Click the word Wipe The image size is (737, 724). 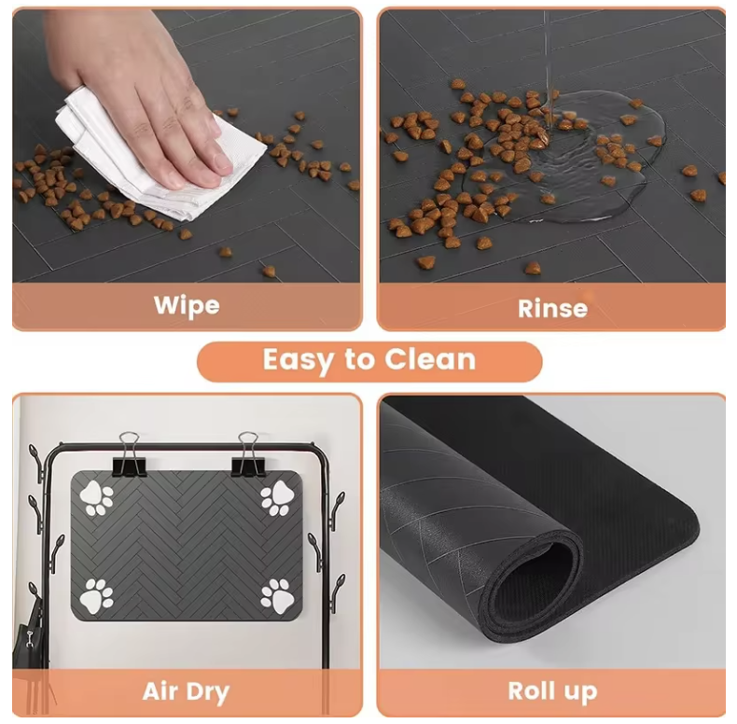(187, 305)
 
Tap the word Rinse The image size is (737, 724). (552, 308)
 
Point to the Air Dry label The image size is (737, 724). (187, 691)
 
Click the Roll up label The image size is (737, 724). (552, 691)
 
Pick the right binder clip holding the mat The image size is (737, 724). (247, 454)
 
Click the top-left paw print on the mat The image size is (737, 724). (96, 498)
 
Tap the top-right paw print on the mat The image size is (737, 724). (277, 498)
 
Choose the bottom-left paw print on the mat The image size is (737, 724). (96, 595)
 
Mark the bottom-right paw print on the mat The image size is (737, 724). (277, 595)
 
